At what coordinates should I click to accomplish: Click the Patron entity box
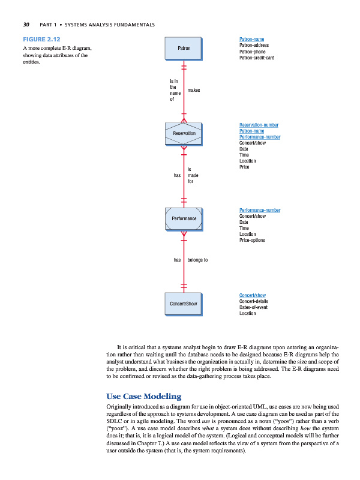184,47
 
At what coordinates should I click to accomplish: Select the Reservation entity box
184,133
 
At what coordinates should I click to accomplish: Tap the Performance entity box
184,218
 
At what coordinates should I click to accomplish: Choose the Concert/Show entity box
184,304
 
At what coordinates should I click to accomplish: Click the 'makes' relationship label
193,90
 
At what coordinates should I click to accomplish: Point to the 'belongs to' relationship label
197,260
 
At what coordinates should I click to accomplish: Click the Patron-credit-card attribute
257,58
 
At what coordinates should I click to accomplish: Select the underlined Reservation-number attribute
259,124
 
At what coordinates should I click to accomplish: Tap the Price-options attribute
252,240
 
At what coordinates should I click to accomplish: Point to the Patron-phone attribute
253,52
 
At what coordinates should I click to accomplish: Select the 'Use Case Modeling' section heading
143,397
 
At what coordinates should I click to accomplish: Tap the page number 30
26,25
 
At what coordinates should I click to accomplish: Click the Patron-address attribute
254,45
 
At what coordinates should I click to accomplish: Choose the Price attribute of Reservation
245,167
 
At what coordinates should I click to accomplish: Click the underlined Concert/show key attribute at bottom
253,295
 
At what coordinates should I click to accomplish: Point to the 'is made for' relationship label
193,175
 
